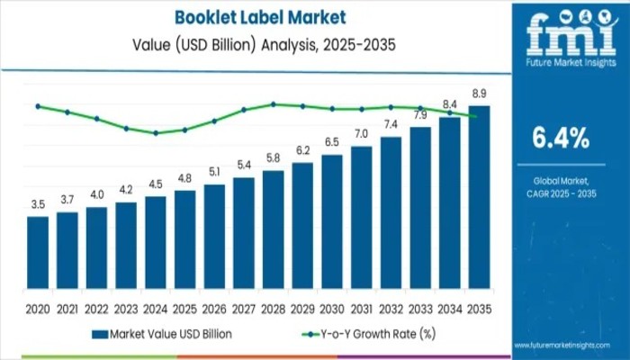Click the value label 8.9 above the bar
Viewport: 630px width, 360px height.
tap(479, 93)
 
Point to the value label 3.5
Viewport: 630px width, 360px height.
tap(38, 204)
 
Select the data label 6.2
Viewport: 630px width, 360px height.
tap(302, 149)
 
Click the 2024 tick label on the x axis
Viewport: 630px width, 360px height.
tap(156, 310)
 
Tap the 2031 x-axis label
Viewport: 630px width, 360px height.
tap(361, 310)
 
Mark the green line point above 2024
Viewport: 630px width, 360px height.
tap(156, 133)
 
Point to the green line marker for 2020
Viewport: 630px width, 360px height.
tap(38, 106)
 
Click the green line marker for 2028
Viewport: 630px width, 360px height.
tap(274, 104)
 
